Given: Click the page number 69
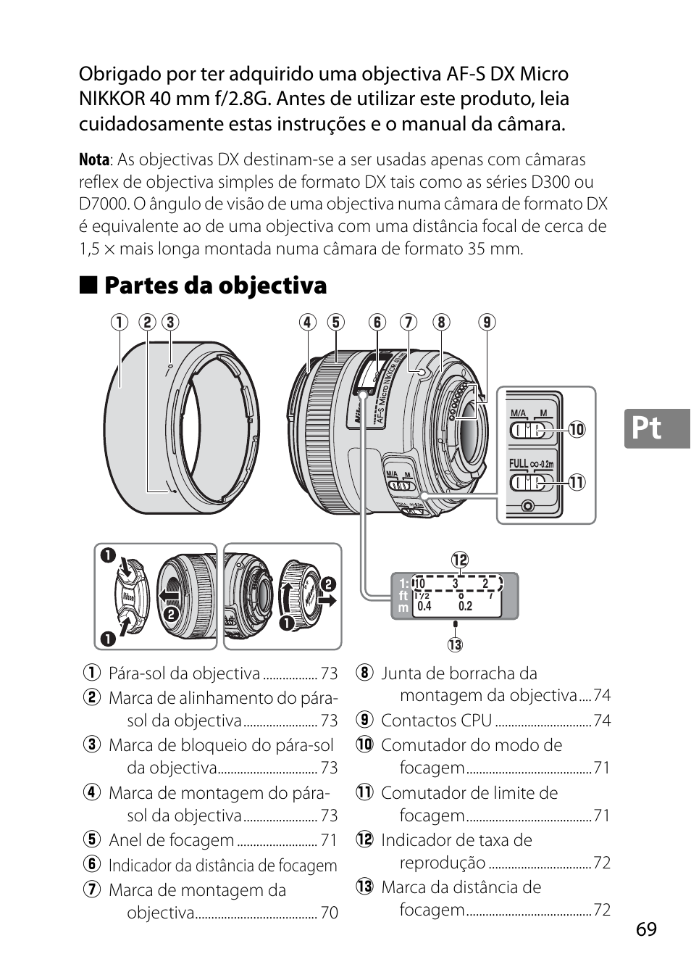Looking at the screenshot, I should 647,929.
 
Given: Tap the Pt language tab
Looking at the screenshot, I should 646,428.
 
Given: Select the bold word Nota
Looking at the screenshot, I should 94,159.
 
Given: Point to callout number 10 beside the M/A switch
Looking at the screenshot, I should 577,429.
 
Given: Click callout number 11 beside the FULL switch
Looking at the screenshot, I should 577,482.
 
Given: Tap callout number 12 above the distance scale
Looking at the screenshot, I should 460,560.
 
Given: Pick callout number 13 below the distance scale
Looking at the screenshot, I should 455,644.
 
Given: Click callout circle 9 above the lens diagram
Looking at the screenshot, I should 487,322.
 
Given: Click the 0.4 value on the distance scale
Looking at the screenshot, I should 424,606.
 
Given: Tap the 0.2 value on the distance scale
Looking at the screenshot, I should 465,606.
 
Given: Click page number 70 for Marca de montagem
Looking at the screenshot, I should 329,913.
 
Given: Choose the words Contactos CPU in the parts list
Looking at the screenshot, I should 436,721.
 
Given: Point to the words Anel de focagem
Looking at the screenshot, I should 171,840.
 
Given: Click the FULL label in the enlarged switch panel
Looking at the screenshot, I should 519,463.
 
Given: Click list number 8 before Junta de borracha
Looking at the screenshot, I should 364,673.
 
